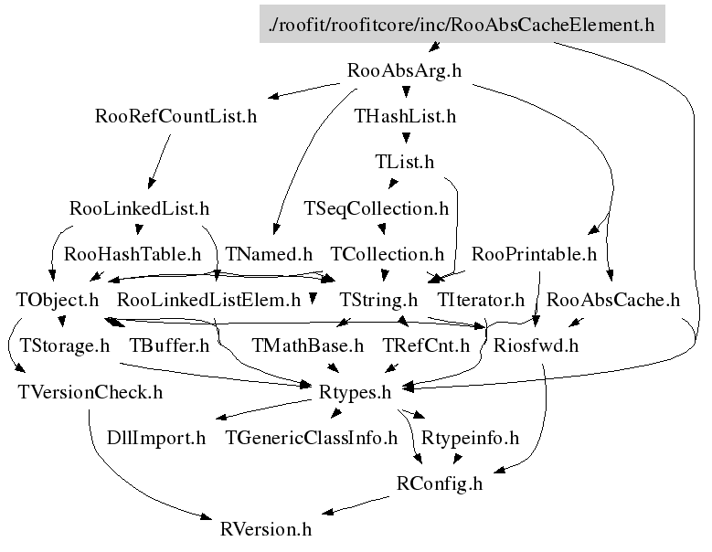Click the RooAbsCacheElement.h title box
[462, 24]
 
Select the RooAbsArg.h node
[404, 70]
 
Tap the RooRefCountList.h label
[175, 116]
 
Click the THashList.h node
[405, 116]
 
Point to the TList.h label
[405, 162]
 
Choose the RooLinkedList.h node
[140, 208]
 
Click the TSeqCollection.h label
[376, 208]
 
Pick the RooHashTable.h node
[133, 254]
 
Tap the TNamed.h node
[269, 254]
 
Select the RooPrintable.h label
[534, 254]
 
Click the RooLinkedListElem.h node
[209, 300]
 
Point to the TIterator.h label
[481, 300]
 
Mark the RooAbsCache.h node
[613, 300]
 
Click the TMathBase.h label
[308, 345]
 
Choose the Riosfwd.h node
[536, 345]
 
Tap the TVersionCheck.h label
[90, 392]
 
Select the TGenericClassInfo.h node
[311, 438]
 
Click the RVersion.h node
[266, 530]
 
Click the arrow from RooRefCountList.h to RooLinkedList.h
[160, 161]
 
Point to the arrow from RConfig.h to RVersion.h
[356, 505]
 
